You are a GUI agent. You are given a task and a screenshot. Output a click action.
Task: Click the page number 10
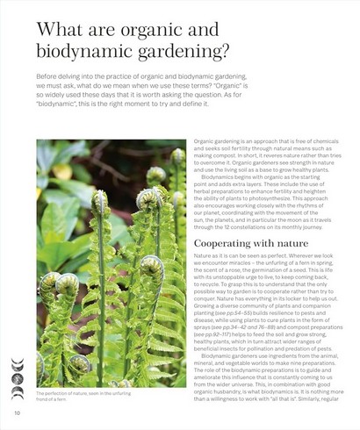pyautogui.click(x=17, y=412)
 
